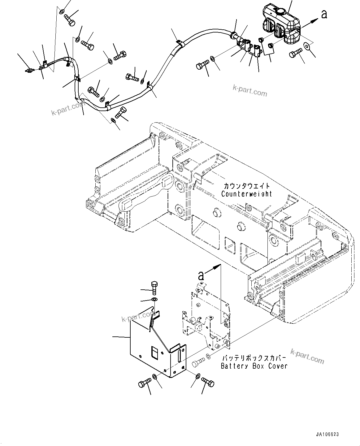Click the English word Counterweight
(247, 194)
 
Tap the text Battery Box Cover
(254, 366)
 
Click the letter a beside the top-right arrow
(324, 14)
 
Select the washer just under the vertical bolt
(154, 300)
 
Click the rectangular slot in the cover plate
(154, 353)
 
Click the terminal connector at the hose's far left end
(29, 71)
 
